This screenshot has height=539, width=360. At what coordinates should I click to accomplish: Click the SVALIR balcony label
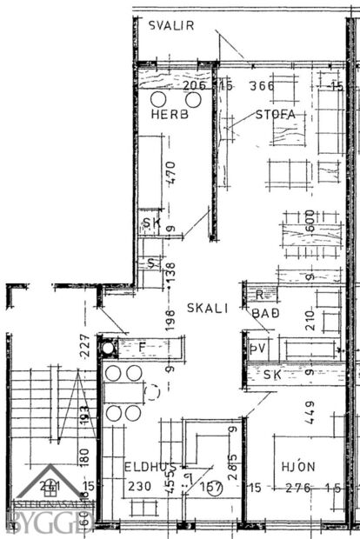point(171,25)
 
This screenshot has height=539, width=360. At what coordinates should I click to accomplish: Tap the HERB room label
point(169,115)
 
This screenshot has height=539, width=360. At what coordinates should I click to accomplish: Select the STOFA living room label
point(276,115)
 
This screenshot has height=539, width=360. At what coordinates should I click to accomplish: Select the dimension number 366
point(261,85)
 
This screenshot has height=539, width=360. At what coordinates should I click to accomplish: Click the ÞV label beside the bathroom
point(256,349)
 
